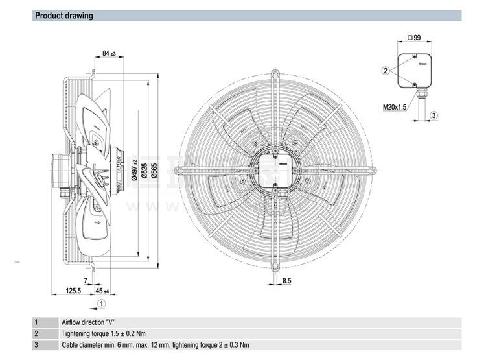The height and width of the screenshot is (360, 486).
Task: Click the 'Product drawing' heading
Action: (x=64, y=15)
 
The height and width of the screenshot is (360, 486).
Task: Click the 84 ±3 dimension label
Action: (x=109, y=53)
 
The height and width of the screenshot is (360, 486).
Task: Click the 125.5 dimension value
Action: (x=73, y=291)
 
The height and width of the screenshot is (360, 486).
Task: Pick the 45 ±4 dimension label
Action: (x=103, y=291)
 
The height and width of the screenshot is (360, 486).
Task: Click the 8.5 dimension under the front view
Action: (x=286, y=281)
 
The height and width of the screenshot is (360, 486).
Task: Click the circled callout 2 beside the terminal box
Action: (x=385, y=70)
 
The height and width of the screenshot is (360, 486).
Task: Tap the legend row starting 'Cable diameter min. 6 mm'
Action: (x=155, y=345)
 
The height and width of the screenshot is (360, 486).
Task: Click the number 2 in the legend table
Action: (x=36, y=333)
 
